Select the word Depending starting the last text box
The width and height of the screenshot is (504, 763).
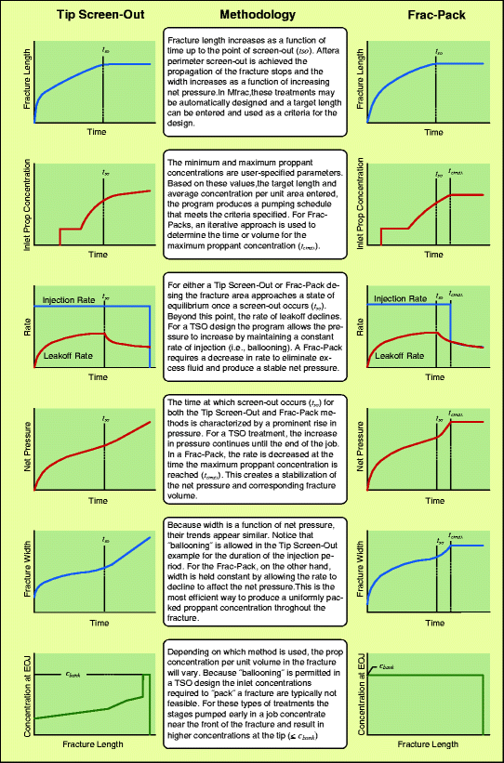point(188,642)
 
